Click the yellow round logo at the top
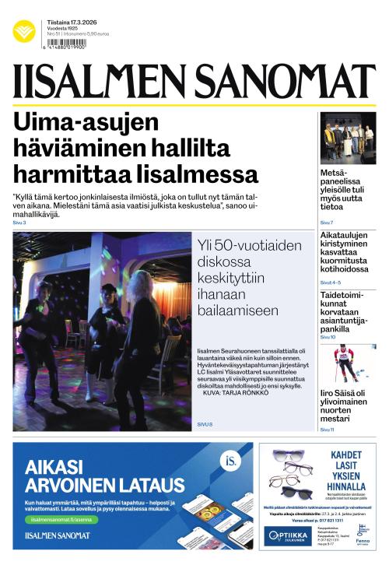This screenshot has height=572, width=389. [x=24, y=31]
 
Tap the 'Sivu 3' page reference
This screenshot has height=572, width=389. [x=19, y=223]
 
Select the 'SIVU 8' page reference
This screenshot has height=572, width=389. [x=205, y=423]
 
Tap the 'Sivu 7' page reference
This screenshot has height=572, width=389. [x=327, y=223]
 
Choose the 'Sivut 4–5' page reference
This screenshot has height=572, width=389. [x=331, y=282]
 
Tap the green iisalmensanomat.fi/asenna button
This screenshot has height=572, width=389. [x=63, y=519]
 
